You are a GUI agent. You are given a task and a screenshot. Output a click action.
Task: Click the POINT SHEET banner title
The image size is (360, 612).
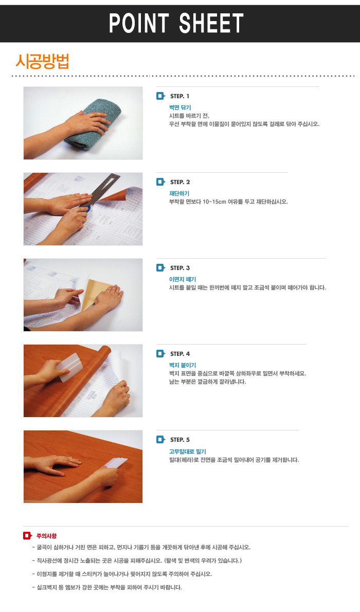click(x=176, y=23)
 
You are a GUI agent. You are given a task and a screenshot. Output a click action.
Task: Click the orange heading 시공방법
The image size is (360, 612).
click(x=42, y=61)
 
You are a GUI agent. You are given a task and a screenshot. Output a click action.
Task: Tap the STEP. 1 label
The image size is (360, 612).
click(x=179, y=96)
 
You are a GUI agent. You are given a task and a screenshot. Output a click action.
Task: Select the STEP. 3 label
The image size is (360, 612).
click(x=180, y=268)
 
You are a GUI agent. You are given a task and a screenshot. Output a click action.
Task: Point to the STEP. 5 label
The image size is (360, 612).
click(x=180, y=440)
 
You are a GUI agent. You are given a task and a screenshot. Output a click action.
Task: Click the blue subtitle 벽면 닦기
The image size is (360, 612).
click(x=180, y=107)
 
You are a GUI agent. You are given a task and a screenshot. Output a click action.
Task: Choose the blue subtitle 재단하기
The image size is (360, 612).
click(x=179, y=193)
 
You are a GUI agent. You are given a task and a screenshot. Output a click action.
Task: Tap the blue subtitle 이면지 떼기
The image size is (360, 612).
click(x=183, y=279)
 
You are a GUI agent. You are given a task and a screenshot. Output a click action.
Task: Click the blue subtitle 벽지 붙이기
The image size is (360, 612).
click(x=183, y=365)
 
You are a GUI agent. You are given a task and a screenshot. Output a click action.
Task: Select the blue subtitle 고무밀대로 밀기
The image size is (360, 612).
click(x=187, y=451)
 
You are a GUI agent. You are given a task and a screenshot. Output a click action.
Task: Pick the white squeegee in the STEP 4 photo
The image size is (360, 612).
click(x=69, y=367)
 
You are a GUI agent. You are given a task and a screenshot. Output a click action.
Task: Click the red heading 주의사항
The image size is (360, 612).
click(x=46, y=536)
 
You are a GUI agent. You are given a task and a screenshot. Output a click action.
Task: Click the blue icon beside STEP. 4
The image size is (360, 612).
click(x=160, y=354)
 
